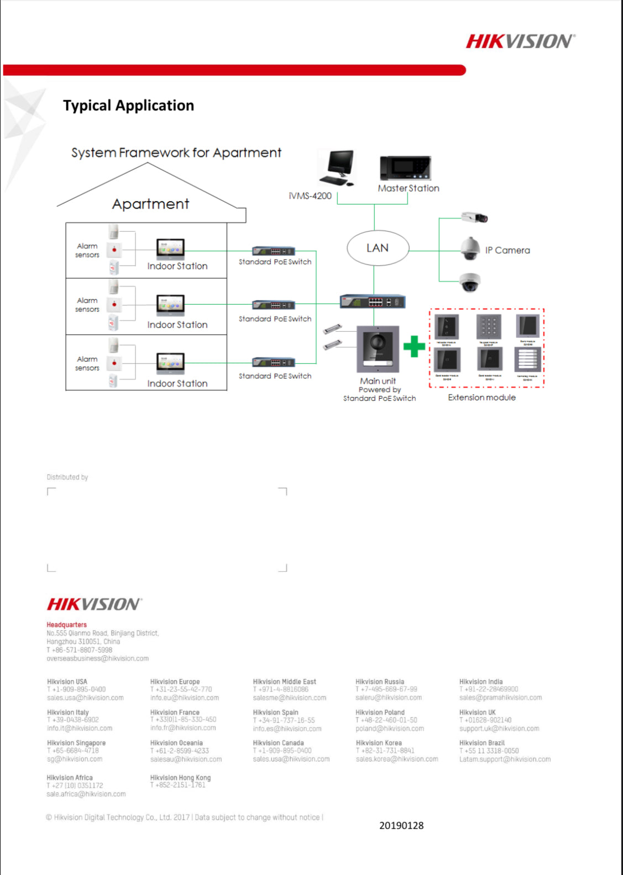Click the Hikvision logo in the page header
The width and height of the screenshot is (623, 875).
[x=520, y=41]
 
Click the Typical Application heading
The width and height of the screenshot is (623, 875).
[x=128, y=106]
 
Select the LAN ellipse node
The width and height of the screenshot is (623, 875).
[x=378, y=248]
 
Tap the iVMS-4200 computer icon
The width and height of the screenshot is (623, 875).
[x=338, y=168]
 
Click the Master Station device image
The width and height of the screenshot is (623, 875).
[x=405, y=168]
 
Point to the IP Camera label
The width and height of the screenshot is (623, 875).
[x=507, y=251]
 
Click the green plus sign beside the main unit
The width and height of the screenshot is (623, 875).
[x=414, y=347]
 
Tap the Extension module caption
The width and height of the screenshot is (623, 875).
[x=481, y=398]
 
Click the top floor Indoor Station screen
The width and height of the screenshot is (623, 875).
[x=170, y=248]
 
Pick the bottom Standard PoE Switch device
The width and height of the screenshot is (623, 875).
[x=274, y=363]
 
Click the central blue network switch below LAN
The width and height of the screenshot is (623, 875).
[x=373, y=301]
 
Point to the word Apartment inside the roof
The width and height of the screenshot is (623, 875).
[x=150, y=204]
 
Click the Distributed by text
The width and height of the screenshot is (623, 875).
[x=67, y=477]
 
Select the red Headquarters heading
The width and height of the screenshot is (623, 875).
[x=66, y=625]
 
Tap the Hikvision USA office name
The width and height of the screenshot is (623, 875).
[x=67, y=682]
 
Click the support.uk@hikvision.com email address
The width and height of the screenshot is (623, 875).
[x=499, y=728]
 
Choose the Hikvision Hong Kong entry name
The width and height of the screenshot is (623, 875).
[x=180, y=778]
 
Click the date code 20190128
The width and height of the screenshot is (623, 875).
[x=401, y=826]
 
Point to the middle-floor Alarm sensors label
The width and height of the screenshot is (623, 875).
[x=87, y=305]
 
